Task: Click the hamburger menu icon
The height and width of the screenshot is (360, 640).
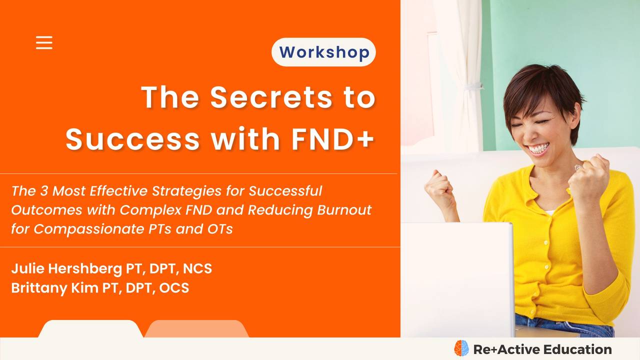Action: (x=44, y=42)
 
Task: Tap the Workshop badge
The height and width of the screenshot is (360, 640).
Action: (x=324, y=52)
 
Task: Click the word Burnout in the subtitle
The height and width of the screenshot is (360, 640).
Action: (x=344, y=209)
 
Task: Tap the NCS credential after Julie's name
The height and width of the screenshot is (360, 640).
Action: (x=197, y=268)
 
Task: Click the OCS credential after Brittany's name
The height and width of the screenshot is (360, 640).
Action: (x=173, y=287)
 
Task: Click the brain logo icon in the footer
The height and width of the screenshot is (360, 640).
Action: (x=461, y=348)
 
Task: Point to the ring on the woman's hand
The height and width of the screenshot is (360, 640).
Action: (x=578, y=167)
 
